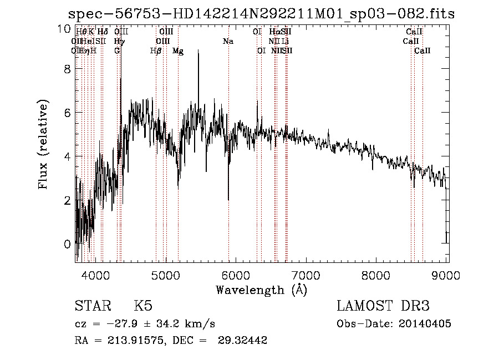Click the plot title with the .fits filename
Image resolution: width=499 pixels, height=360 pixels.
point(261,14)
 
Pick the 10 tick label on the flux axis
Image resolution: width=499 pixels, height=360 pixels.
point(64,29)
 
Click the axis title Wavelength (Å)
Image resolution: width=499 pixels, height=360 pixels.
point(261,290)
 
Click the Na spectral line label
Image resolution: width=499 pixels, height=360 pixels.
point(228,41)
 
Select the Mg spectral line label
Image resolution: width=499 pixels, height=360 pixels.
point(178,50)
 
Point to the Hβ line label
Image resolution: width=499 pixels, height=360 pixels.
point(156,50)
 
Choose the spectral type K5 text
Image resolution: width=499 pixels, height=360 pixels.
point(143,306)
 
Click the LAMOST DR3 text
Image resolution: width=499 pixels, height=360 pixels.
point(383,306)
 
